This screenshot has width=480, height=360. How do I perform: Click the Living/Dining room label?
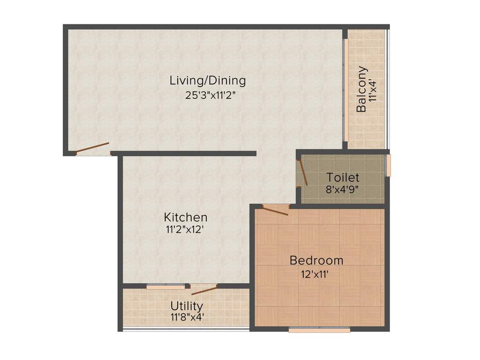point(207,80)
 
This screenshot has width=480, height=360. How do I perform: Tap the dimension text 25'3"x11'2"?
point(210,96)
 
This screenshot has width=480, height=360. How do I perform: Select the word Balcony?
point(361,90)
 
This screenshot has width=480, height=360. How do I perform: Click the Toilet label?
point(343,178)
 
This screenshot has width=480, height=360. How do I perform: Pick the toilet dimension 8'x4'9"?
point(343,191)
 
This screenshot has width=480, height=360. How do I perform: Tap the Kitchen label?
point(186,217)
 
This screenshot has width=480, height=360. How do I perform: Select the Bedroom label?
point(316,260)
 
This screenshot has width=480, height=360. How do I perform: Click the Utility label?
point(187,306)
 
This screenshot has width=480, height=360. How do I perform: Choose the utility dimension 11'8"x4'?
point(187,317)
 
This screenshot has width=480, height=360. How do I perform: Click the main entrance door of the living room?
point(92,148)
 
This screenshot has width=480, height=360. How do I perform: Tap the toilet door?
point(302,172)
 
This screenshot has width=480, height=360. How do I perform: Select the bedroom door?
point(275,210)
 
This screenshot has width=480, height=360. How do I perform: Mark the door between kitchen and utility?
point(204,290)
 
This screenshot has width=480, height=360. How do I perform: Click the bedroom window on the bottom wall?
point(319,330)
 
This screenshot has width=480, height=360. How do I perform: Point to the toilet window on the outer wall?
point(388,166)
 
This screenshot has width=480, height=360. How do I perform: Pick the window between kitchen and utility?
point(165,286)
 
